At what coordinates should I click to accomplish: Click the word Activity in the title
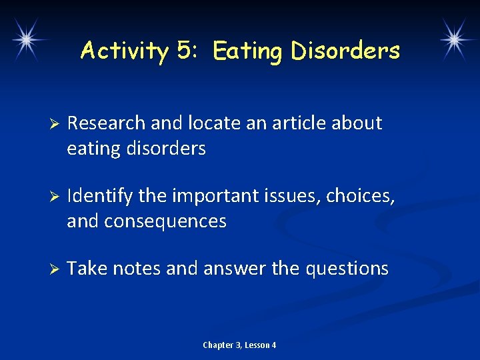pyautogui.click(x=124, y=51)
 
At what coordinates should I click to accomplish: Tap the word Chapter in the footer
pyautogui.click(x=217, y=345)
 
